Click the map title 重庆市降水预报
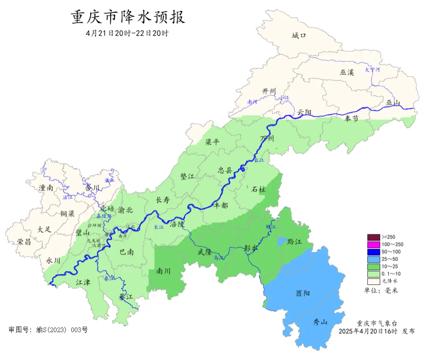pos(128,17)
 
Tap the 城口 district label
pos(299,36)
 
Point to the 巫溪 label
pos(347,72)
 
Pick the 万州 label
pos(268,138)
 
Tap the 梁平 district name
pos(212,142)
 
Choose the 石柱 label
pos(259,189)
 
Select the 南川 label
pos(163,271)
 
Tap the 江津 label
pos(83,282)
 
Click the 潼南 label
pos(46,188)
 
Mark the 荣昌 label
pos(24,242)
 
